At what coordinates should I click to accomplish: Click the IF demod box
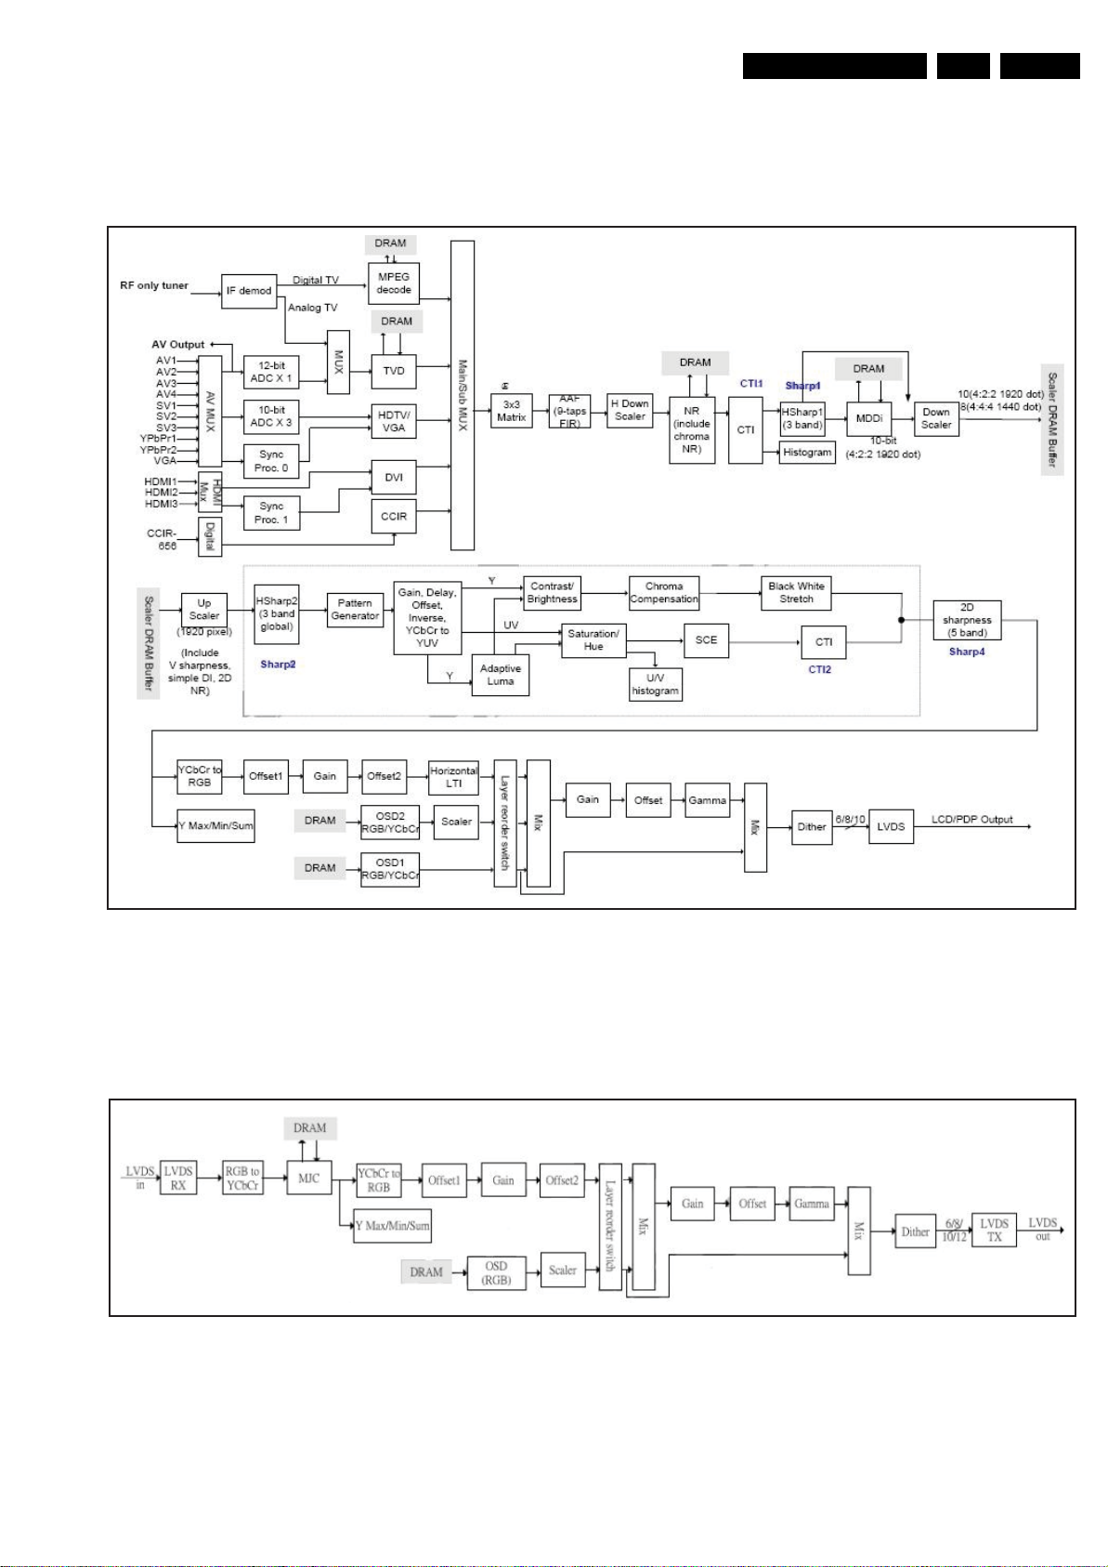249,291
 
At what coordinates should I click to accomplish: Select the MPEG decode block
393,283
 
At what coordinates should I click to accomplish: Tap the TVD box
393,370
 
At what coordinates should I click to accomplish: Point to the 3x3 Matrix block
511,411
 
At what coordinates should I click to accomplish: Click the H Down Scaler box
629,410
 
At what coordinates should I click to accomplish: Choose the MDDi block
868,419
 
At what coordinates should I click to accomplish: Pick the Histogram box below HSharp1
807,453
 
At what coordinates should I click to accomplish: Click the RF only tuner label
154,285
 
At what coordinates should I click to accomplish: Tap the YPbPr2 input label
158,450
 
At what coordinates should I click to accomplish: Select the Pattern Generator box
355,610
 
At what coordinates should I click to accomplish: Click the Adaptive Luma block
500,675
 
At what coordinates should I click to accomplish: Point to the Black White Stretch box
796,592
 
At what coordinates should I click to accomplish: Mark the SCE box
706,640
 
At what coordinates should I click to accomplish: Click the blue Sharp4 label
966,652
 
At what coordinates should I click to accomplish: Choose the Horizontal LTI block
453,777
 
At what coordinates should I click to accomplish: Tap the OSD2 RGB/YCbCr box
390,822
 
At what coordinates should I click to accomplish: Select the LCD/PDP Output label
971,820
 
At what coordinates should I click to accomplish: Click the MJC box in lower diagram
309,1179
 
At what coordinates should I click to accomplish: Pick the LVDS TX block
994,1231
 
